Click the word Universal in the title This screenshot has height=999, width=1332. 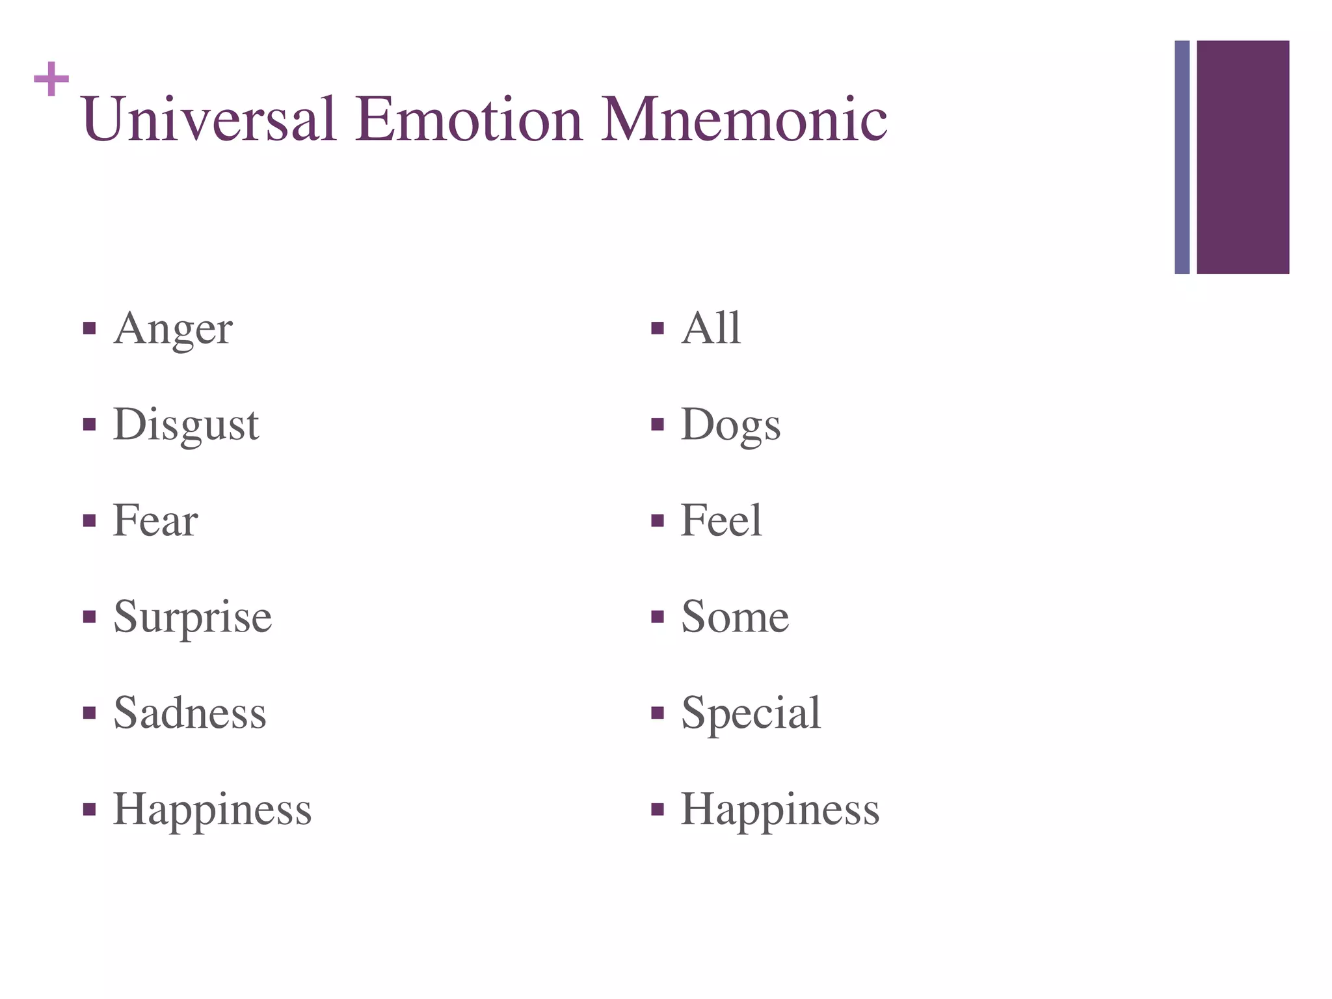point(209,119)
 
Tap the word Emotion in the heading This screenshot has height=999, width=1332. point(468,119)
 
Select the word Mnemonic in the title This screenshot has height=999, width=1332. point(744,119)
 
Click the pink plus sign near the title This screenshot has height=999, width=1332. point(51,79)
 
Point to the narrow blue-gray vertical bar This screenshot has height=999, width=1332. point(1182,157)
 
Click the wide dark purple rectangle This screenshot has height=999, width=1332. point(1242,157)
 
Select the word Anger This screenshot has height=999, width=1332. point(173,328)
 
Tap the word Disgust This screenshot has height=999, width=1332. point(186,425)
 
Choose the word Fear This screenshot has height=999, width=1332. point(155,520)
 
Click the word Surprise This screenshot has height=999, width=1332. point(193,617)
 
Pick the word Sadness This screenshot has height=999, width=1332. point(190,713)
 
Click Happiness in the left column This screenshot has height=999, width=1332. point(213,809)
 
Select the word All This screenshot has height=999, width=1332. point(711,328)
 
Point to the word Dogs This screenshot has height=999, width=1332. point(730,425)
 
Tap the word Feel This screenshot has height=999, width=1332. point(721,520)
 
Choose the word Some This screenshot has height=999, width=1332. point(735,617)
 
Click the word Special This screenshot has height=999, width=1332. point(751,713)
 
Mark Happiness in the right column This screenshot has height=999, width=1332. point(780,809)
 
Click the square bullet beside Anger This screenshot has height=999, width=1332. point(90,328)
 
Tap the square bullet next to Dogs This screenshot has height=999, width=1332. point(658,425)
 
